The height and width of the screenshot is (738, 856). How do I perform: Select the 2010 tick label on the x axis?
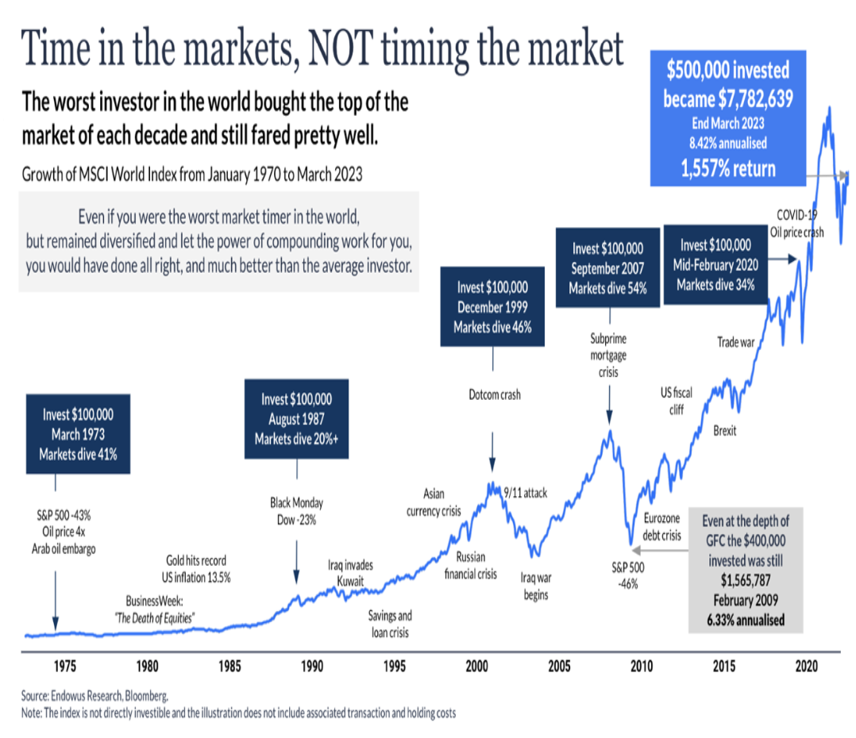[642, 664]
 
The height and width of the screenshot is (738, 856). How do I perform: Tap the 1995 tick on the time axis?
[395, 664]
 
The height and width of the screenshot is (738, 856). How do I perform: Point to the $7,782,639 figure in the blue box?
[727, 98]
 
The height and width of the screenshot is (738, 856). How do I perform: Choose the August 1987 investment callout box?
[297, 418]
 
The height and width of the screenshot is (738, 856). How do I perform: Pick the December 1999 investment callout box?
[492, 306]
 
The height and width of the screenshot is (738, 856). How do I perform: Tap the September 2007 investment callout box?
[608, 267]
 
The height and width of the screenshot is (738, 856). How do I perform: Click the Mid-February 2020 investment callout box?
[715, 264]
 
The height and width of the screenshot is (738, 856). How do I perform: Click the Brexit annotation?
[724, 431]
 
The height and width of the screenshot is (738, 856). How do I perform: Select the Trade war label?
[735, 343]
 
